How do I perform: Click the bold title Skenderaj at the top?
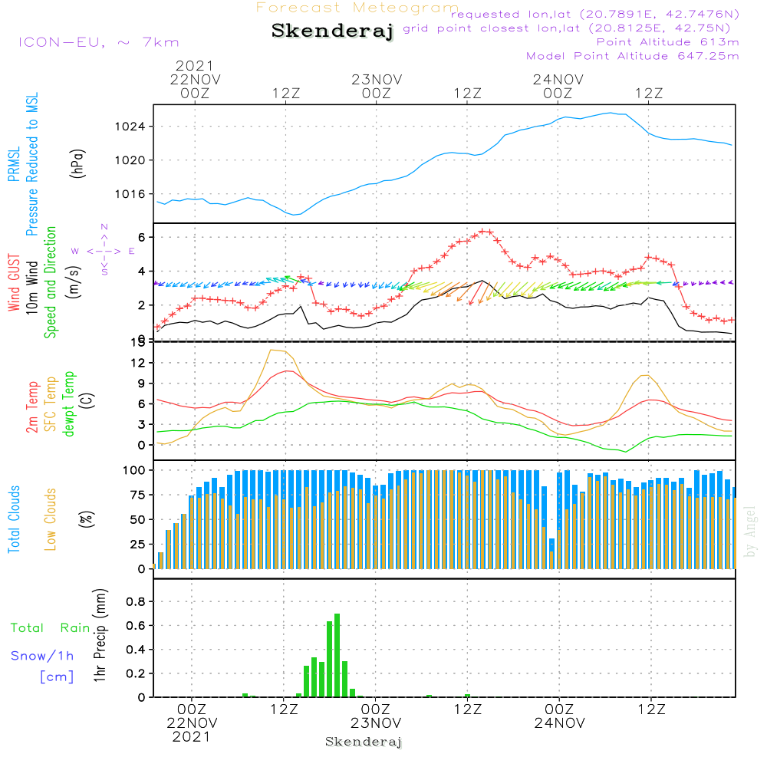tap(332, 31)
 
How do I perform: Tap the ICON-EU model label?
tap(61, 42)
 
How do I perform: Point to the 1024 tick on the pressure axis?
tap(130, 127)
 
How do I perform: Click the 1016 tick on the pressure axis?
tap(130, 194)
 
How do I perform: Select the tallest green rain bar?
tap(337, 655)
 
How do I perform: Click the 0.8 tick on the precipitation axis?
tap(136, 601)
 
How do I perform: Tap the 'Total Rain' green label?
tap(50, 627)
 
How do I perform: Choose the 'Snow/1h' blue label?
tap(42, 656)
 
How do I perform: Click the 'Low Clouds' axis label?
tap(51, 519)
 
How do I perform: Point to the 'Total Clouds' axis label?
tap(14, 519)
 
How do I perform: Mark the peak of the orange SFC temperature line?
tap(271, 350)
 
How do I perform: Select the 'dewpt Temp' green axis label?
tap(68, 403)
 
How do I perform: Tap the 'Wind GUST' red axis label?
tap(14, 282)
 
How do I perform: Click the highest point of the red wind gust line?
tap(482, 231)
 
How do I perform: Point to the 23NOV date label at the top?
tap(377, 80)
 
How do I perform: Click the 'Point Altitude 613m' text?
tap(667, 42)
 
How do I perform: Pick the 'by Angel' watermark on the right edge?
tap(750, 532)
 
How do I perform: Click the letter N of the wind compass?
tap(104, 227)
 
